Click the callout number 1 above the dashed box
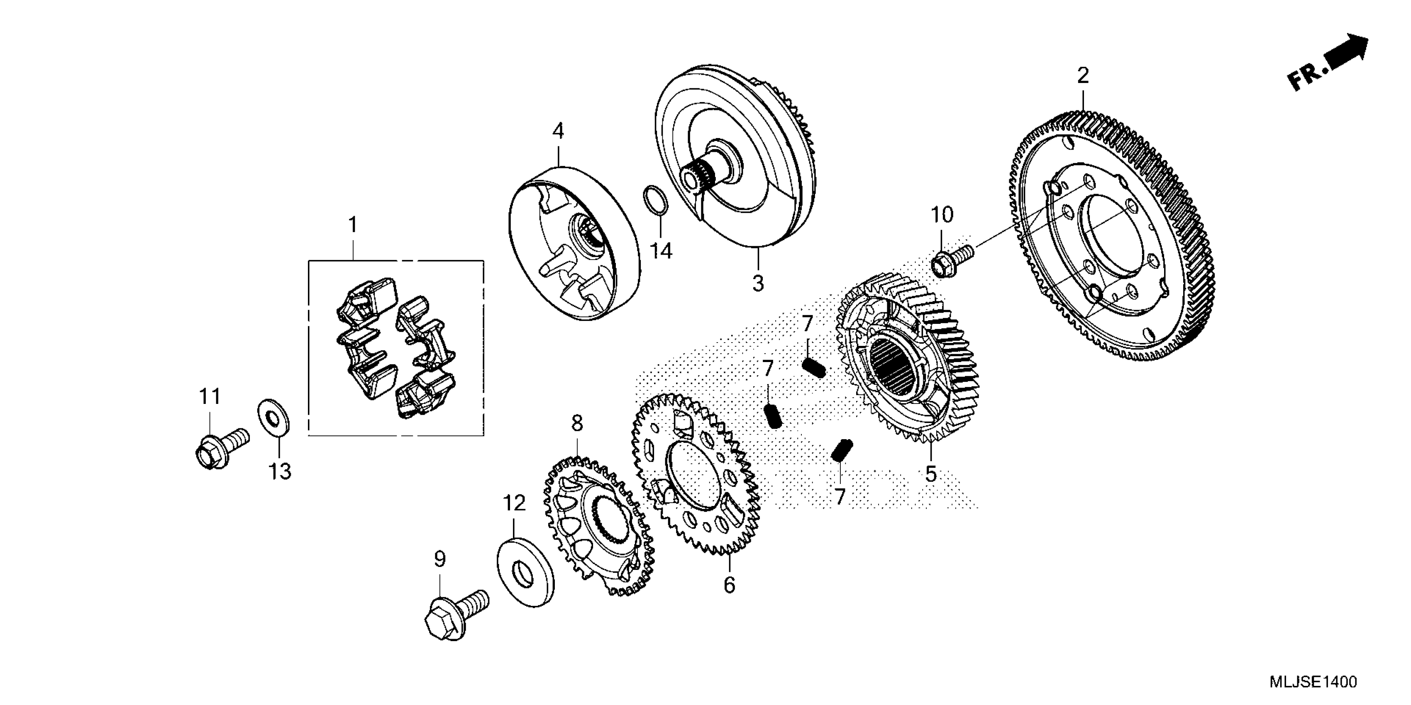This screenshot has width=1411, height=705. (353, 224)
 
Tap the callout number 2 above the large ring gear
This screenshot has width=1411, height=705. (1083, 75)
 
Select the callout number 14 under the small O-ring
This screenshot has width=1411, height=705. (661, 251)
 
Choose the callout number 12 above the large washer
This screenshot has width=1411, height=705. (514, 503)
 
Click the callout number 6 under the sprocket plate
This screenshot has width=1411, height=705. (729, 585)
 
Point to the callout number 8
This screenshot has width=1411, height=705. (577, 423)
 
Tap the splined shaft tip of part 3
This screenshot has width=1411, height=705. (691, 178)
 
